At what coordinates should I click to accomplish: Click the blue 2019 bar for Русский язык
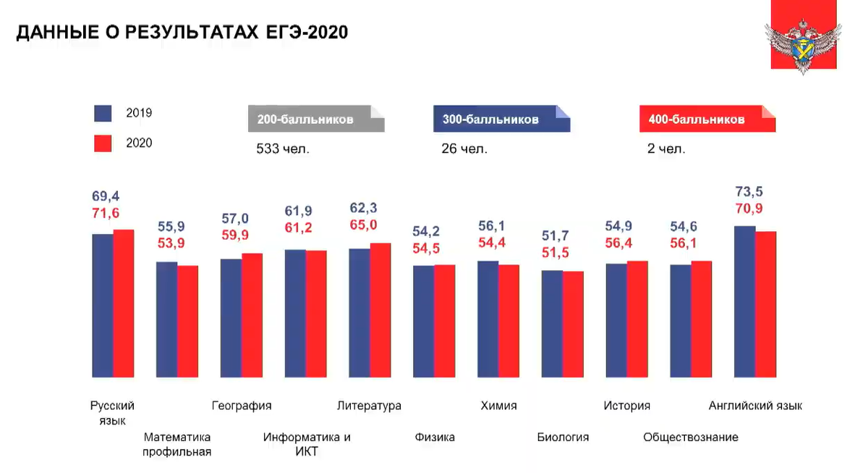[103, 305]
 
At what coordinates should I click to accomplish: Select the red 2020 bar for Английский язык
[765, 304]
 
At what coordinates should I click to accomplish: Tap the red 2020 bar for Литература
[380, 310]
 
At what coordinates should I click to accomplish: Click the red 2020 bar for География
[252, 315]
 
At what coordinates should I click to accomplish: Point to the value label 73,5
[749, 192]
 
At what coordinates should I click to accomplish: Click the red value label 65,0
[363, 225]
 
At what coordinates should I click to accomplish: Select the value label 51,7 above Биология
[556, 235]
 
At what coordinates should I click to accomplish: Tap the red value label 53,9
[172, 243]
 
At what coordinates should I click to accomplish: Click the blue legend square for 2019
[103, 114]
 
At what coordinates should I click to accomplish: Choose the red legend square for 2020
[103, 143]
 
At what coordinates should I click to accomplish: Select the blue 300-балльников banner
[501, 120]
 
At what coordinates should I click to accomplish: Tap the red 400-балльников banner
[707, 120]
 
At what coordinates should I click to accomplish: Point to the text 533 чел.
[282, 149]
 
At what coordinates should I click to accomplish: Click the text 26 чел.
[464, 149]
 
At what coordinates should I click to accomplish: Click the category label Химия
[498, 406]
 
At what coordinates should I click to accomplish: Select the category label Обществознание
[691, 438]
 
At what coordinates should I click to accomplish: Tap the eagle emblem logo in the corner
[803, 36]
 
